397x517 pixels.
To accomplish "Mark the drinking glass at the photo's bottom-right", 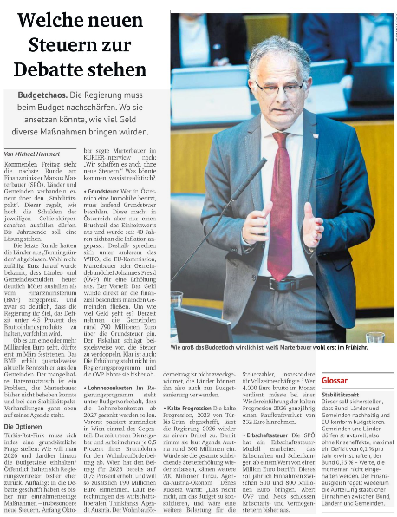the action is [374, 336].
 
